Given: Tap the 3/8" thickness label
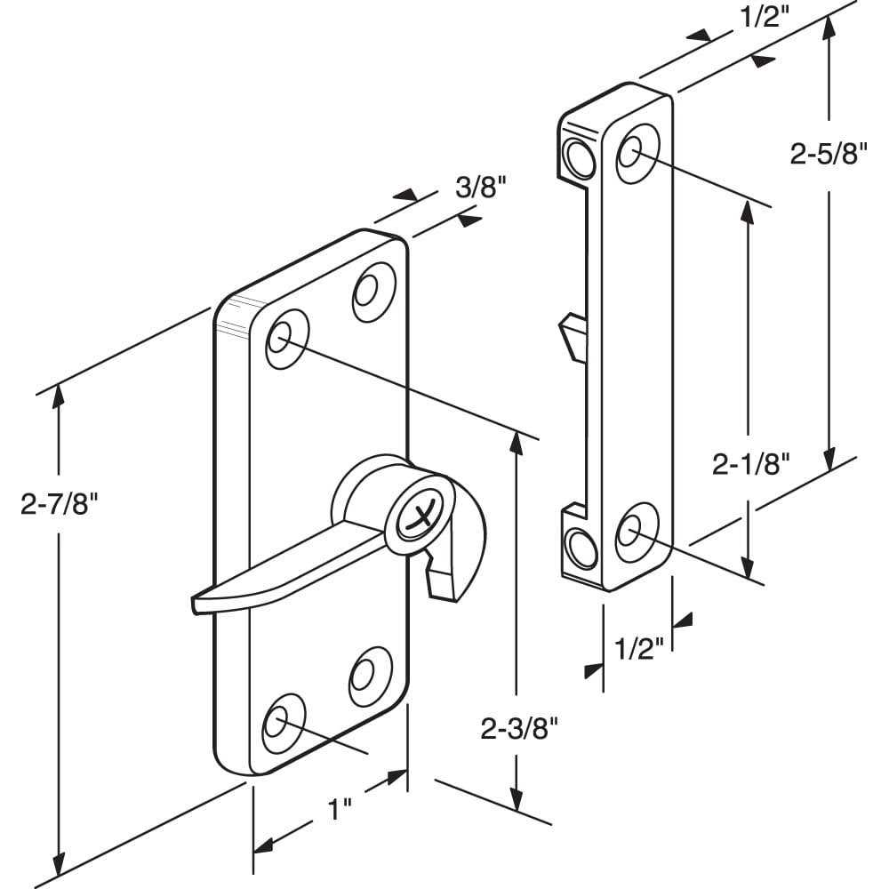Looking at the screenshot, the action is [481, 187].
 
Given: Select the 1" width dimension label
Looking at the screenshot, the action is [340, 809].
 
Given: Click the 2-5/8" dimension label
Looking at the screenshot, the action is [829, 153].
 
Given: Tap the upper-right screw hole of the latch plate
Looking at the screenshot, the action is [373, 292].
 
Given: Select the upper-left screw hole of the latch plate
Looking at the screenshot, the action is [287, 340].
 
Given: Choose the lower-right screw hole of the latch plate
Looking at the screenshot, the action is [370, 677].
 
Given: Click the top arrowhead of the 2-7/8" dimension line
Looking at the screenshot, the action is [58, 396].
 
